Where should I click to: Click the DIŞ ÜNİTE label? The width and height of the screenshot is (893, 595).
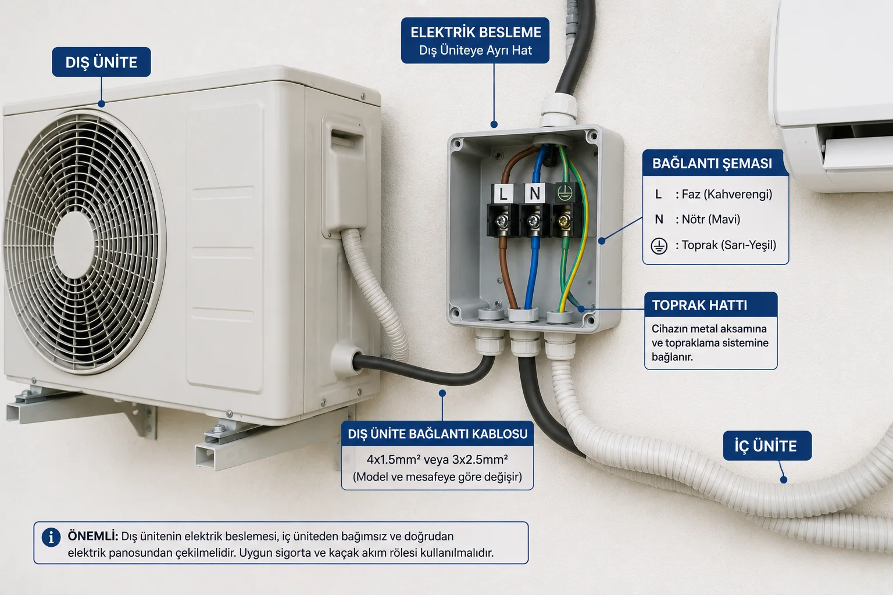coord(101,62)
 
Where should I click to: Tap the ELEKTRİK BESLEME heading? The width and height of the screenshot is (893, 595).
coord(476,33)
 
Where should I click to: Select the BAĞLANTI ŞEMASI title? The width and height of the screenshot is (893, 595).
coord(712,163)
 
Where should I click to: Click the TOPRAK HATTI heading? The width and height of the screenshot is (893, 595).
coord(699,305)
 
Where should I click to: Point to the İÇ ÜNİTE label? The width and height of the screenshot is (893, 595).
coord(766,446)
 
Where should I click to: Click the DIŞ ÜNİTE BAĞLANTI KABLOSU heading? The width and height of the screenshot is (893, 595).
coord(438,434)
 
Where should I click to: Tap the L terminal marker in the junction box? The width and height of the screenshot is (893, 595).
coord(503,194)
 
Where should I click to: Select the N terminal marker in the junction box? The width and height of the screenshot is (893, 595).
coord(535,193)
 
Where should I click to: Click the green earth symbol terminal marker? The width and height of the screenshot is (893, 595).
coord(565,192)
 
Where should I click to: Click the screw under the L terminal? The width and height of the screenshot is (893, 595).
coord(502,221)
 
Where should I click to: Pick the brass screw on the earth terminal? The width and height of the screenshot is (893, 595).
coord(564,220)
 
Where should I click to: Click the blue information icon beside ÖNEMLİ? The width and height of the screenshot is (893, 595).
coord(51,537)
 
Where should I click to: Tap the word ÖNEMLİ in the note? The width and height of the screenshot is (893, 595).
coord(93,536)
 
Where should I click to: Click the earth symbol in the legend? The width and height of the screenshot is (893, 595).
coord(659,246)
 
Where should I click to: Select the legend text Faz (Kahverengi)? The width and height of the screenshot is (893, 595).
coord(727,195)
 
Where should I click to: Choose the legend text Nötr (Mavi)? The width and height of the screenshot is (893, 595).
coord(711,219)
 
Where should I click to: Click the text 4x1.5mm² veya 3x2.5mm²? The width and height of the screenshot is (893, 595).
coord(437,460)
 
